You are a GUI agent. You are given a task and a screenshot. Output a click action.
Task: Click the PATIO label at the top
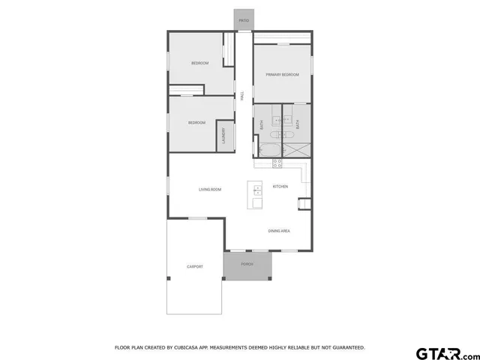tap(244, 21)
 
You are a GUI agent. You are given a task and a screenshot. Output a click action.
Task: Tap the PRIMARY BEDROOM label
tap(282, 74)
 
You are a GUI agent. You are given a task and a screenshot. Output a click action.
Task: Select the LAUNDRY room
tap(223, 137)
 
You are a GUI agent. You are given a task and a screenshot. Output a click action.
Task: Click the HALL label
tap(242, 95)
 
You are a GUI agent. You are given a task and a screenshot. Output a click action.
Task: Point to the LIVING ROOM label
tap(210, 189)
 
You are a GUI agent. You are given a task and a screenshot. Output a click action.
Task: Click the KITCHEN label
tap(280, 186)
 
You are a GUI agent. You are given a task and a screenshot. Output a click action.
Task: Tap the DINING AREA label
tap(279, 231)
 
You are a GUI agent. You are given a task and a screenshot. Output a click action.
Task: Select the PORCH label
tap(246, 265)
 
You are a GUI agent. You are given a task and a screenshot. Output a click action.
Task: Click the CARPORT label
tap(195, 266)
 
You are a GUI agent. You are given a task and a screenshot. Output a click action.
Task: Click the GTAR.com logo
tap(447, 352)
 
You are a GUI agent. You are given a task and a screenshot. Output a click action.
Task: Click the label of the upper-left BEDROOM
tap(199, 63)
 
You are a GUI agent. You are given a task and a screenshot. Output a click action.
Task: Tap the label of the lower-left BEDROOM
tap(196, 122)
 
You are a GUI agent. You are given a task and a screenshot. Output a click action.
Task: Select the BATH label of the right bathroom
tap(298, 126)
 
